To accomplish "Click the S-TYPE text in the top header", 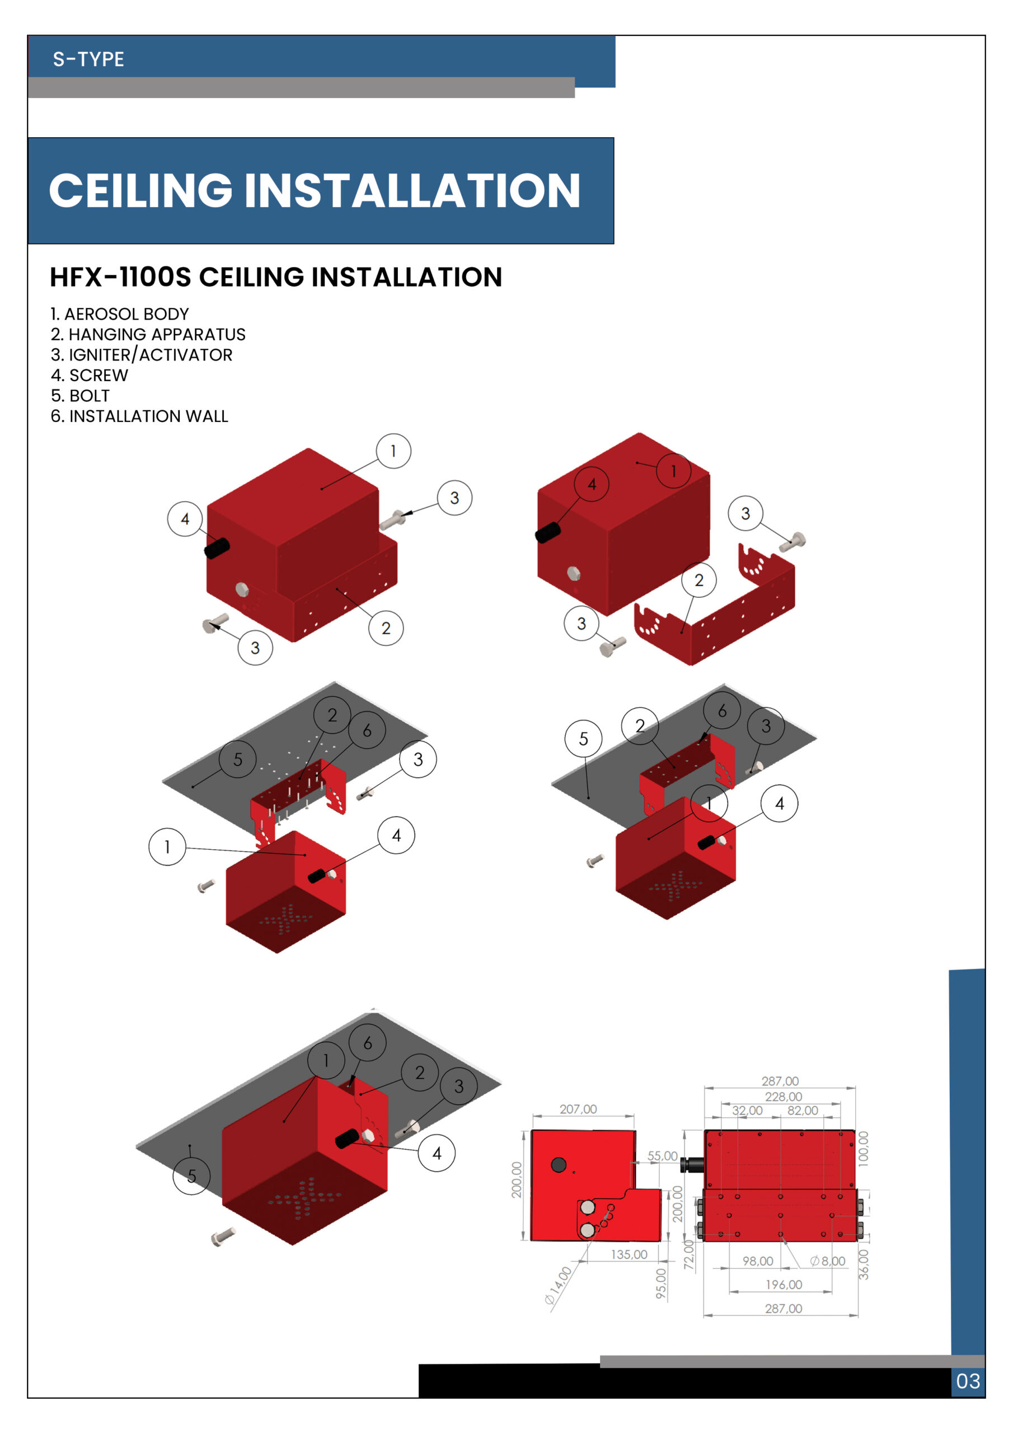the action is [x=88, y=59].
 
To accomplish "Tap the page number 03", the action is [x=968, y=1380].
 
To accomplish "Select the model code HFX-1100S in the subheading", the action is [x=120, y=277].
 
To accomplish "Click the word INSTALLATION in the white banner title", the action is [x=412, y=190].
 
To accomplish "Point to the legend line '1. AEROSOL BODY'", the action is [x=120, y=314].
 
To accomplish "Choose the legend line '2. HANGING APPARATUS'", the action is [x=148, y=335].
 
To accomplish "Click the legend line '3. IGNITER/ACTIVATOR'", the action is [x=142, y=354].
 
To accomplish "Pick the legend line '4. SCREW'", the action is [x=89, y=375].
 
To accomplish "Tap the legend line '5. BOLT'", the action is [x=80, y=396].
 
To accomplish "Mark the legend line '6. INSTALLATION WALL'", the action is [x=139, y=416].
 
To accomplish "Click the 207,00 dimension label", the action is [x=578, y=1109].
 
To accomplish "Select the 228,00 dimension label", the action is [x=784, y=1097].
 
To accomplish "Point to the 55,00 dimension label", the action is [x=662, y=1156].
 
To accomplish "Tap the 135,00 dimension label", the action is [x=629, y=1254].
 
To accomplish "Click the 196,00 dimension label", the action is [x=784, y=1285].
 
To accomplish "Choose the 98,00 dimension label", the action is [x=758, y=1261].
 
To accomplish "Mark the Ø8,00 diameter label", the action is [x=828, y=1261].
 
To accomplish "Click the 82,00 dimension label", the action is [x=803, y=1111].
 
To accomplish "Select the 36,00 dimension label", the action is [x=863, y=1265].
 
